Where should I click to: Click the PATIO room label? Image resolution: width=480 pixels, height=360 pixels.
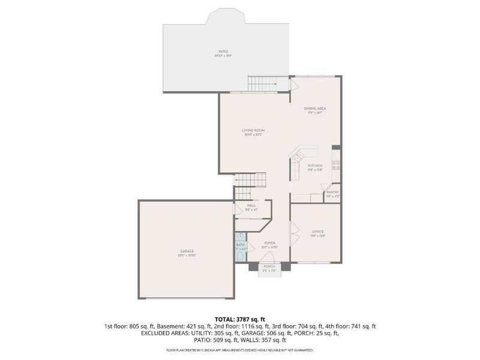click(223, 52)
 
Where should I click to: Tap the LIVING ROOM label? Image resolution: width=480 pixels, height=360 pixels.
click(253, 130)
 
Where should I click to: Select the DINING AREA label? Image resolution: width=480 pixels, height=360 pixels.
click(316, 108)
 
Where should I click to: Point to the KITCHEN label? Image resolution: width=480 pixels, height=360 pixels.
click(316, 166)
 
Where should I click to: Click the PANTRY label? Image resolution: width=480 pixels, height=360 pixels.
click(333, 192)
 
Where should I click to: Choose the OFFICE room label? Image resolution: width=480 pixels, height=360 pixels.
click(317, 232)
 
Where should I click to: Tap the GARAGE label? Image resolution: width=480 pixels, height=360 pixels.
click(187, 251)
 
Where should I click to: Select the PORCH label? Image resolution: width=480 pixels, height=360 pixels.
click(269, 266)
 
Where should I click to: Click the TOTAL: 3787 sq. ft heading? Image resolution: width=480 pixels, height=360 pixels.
click(239, 319)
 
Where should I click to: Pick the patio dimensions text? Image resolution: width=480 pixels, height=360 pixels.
click(223, 56)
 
